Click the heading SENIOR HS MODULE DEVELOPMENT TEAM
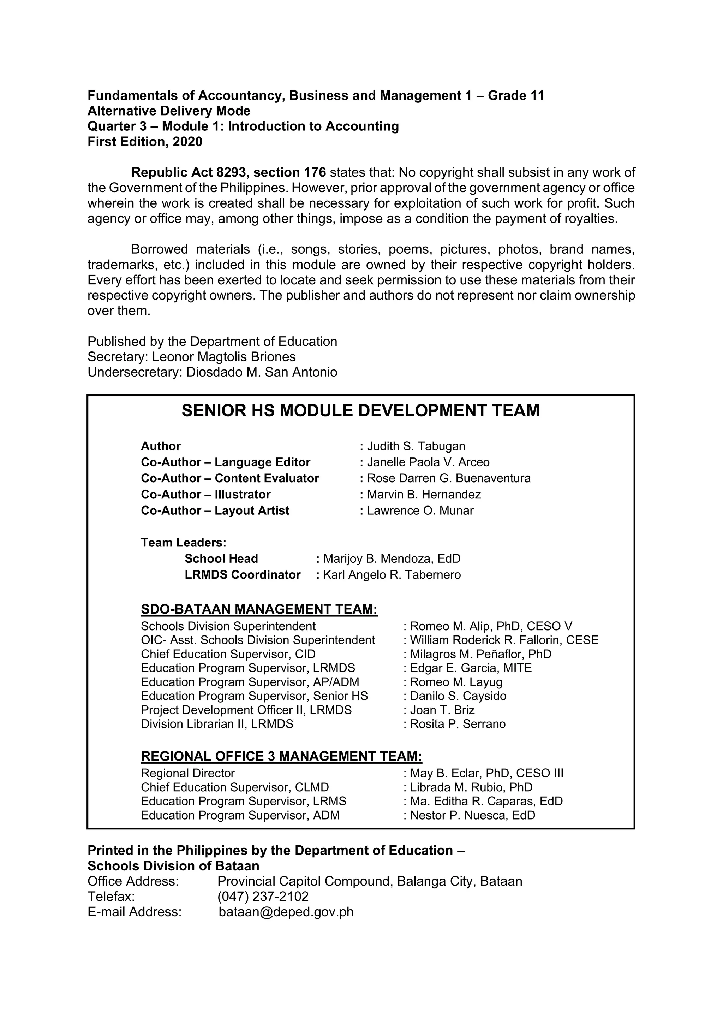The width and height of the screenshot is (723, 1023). [360, 410]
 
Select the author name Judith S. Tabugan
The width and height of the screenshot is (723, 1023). [416, 446]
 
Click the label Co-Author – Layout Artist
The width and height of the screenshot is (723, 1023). [215, 510]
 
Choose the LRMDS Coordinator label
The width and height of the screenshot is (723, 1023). [243, 574]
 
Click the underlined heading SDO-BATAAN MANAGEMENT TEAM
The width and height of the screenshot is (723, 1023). [259, 609]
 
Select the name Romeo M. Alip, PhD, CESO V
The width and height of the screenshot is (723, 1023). [491, 626]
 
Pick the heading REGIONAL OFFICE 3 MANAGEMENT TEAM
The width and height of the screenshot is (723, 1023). [281, 756]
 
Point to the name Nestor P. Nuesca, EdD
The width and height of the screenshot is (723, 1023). [472, 815]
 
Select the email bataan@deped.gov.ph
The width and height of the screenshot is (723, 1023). [286, 912]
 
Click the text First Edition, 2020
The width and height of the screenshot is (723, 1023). [145, 142]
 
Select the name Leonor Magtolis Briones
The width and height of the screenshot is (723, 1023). [223, 356]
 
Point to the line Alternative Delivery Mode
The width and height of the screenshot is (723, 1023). [169, 111]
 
